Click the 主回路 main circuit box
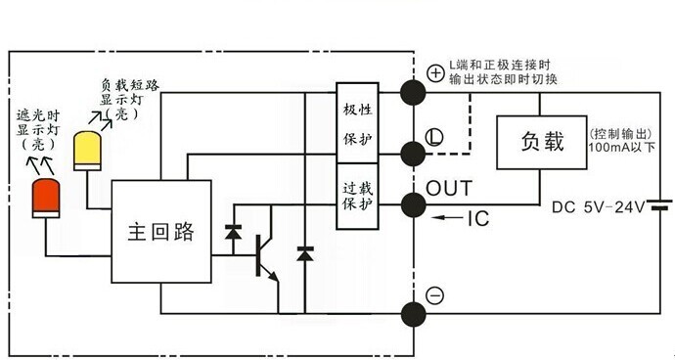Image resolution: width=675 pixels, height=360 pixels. pos(161,232)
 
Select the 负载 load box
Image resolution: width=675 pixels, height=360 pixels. pos(540,143)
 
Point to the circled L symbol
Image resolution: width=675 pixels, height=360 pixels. pos(435,134)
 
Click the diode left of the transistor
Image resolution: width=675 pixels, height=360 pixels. pos(232,233)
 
